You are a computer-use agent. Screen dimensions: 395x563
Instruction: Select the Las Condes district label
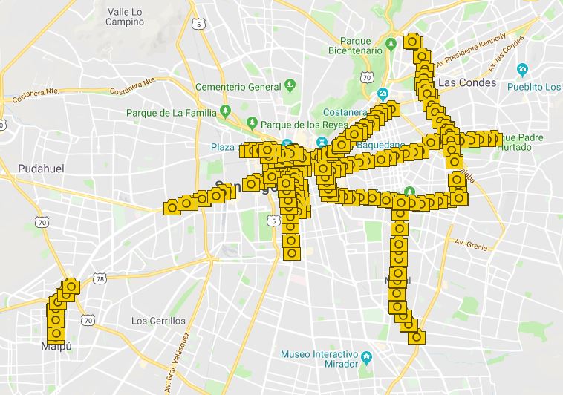click(x=467, y=82)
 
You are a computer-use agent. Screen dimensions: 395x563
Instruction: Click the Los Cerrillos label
click(x=157, y=321)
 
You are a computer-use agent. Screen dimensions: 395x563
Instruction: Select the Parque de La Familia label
click(x=171, y=113)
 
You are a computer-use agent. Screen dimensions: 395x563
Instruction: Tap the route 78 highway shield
click(x=100, y=278)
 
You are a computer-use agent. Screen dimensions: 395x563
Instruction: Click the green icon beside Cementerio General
click(x=290, y=86)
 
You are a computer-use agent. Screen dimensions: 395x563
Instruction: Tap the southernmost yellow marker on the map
click(x=417, y=337)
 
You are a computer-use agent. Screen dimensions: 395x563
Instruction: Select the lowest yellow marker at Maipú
click(x=56, y=333)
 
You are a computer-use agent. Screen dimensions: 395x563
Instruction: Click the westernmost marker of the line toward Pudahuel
click(x=172, y=207)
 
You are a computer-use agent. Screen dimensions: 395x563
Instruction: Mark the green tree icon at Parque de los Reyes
click(x=253, y=122)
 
